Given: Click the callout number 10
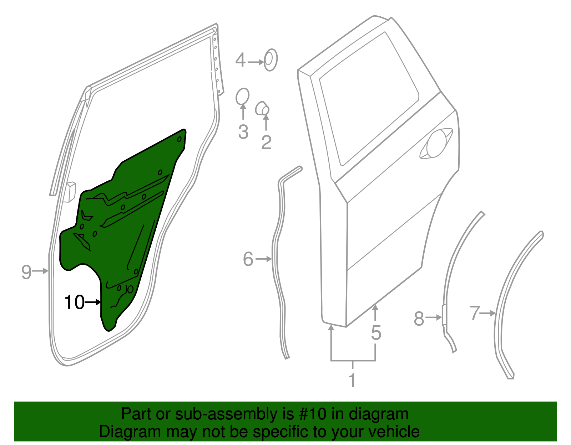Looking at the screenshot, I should click(x=74, y=302).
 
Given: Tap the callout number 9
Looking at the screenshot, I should click(x=26, y=272).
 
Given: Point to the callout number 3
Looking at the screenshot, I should click(x=243, y=132).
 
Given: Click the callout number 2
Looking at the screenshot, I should click(x=266, y=142).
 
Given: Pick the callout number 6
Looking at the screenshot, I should click(x=248, y=259).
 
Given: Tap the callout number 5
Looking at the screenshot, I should click(x=376, y=332).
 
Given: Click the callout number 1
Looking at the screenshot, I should click(x=352, y=380).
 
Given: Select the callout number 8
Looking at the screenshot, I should click(x=419, y=318).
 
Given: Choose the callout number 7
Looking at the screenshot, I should click(x=474, y=313).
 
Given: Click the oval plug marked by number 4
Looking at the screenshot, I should click(x=271, y=59).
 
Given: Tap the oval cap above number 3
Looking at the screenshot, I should click(x=242, y=96).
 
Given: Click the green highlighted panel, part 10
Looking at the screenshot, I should click(x=125, y=221).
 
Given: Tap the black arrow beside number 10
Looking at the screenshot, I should click(x=94, y=302).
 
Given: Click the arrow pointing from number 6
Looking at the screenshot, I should click(x=264, y=259).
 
